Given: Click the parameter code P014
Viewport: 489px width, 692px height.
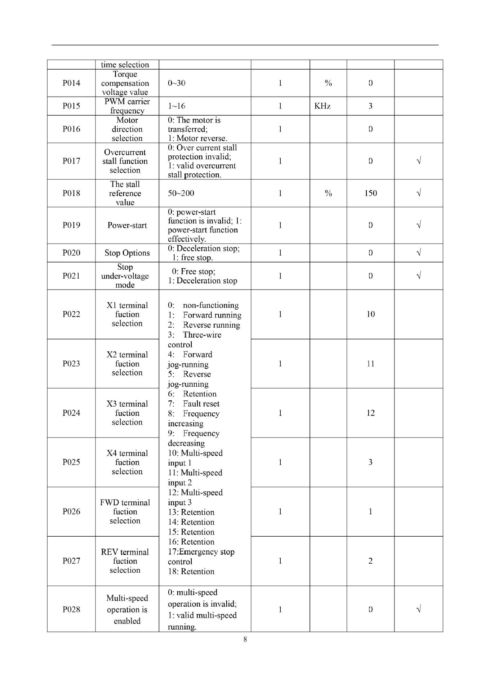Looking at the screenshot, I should (71, 83).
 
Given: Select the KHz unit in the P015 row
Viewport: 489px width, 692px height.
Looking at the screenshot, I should (322, 106).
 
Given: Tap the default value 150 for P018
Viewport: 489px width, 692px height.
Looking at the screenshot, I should (370, 193).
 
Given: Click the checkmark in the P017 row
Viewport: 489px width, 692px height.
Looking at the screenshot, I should (418, 161).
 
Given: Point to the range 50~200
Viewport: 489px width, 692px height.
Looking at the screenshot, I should (181, 193).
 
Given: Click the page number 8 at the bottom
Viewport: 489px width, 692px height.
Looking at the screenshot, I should (245, 639).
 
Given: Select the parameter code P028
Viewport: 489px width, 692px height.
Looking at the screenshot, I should (71, 609).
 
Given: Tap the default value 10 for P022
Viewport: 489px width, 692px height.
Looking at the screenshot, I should (370, 314).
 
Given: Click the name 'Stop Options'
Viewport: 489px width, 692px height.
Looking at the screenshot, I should (127, 253).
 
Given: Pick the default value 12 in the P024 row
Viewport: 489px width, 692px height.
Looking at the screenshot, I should (370, 413).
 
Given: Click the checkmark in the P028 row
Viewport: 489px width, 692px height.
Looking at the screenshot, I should (418, 609).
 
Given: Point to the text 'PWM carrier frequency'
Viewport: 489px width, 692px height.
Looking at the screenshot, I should (127, 106).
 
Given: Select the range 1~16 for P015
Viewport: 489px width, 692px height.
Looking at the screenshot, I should (177, 106).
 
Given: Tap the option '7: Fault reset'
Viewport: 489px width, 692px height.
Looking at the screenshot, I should (194, 404).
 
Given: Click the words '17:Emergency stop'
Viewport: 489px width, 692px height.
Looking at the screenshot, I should (201, 552).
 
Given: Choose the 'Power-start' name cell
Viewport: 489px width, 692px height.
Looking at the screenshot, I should (127, 226).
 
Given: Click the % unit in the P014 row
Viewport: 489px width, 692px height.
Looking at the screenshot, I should (328, 83).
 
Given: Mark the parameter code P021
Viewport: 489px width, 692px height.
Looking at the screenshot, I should (71, 276).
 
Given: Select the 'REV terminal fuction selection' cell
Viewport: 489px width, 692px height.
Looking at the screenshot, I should (125, 561).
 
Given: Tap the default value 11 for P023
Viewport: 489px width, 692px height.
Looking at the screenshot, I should (370, 364).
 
